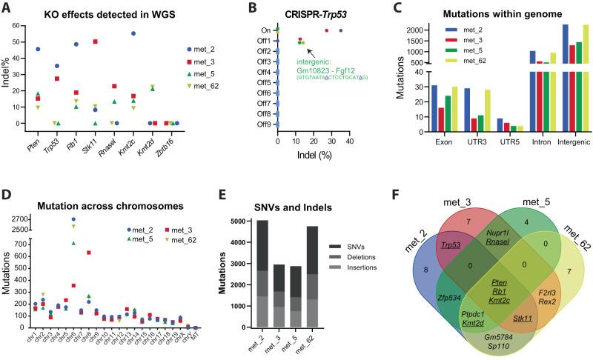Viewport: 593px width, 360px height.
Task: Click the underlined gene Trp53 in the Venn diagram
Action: tap(427, 243)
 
